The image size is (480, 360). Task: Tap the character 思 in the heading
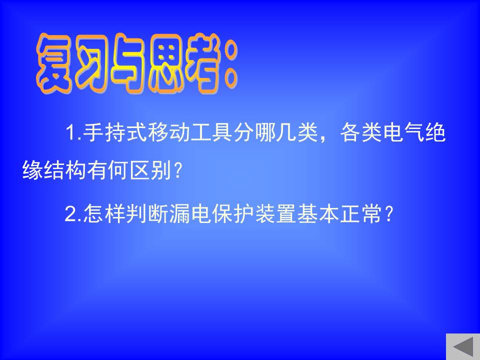click(x=167, y=63)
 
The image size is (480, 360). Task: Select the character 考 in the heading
click(x=204, y=63)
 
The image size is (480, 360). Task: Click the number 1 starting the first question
click(x=71, y=132)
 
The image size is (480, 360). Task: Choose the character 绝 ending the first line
click(x=435, y=132)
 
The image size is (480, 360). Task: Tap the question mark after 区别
click(x=178, y=170)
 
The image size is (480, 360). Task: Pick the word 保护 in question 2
click(x=232, y=213)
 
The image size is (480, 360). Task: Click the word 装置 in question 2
click(x=275, y=213)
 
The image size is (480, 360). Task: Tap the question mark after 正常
click(x=388, y=213)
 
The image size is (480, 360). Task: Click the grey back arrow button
click(x=463, y=347)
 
